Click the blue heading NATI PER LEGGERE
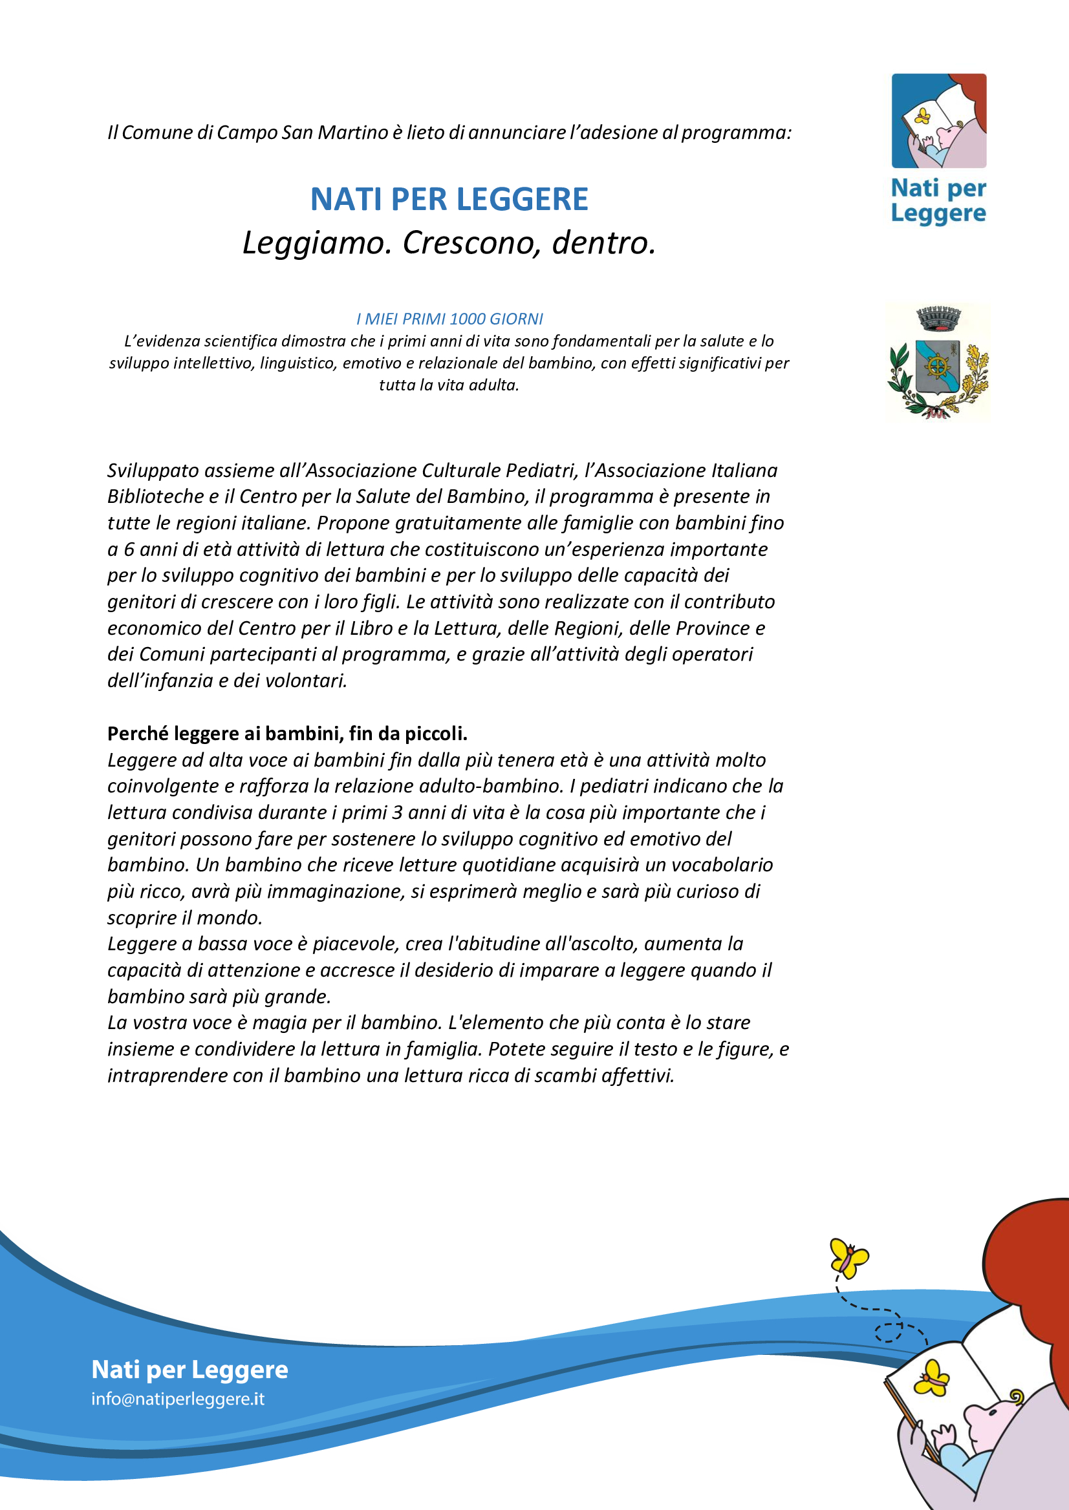coord(449,199)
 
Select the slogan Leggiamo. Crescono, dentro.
coord(449,243)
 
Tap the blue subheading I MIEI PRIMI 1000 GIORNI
coord(449,319)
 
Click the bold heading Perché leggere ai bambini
coord(287,734)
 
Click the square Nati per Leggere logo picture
coord(938,121)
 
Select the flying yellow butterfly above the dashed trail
coord(849,1257)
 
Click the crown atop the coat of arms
coord(938,318)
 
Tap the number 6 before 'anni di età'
coord(129,549)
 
